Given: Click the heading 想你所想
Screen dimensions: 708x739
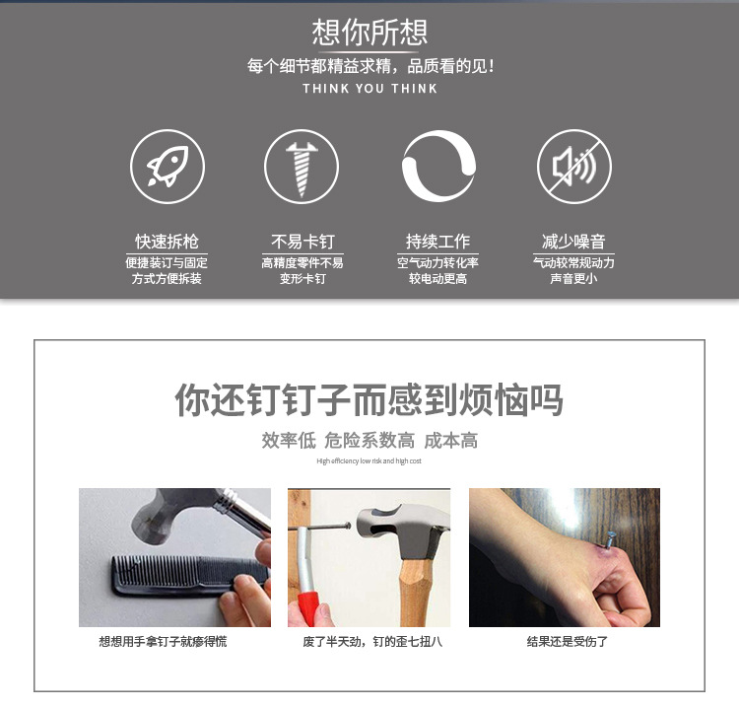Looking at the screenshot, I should click(x=369, y=32).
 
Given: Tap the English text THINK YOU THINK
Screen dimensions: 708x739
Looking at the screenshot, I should click(x=369, y=89).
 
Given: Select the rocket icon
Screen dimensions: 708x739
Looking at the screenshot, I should click(x=168, y=167).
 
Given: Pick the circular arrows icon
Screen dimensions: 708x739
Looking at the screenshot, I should click(x=438, y=167).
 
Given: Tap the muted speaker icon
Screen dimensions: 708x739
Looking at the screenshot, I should click(x=573, y=167).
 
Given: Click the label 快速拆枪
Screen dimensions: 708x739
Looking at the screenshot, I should click(x=167, y=242).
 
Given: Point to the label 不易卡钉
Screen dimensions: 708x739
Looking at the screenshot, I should click(x=302, y=242).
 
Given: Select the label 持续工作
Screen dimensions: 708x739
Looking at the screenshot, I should click(x=437, y=242).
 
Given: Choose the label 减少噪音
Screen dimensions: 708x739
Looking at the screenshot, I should click(x=573, y=242).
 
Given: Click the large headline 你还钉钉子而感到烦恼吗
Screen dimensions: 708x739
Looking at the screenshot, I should click(x=369, y=400).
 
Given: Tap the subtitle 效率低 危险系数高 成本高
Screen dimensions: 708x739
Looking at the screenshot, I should click(x=369, y=441).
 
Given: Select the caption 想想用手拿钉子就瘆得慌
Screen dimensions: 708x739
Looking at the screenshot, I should click(x=169, y=642).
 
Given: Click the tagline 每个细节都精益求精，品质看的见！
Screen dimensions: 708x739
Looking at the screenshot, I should click(x=369, y=67).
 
